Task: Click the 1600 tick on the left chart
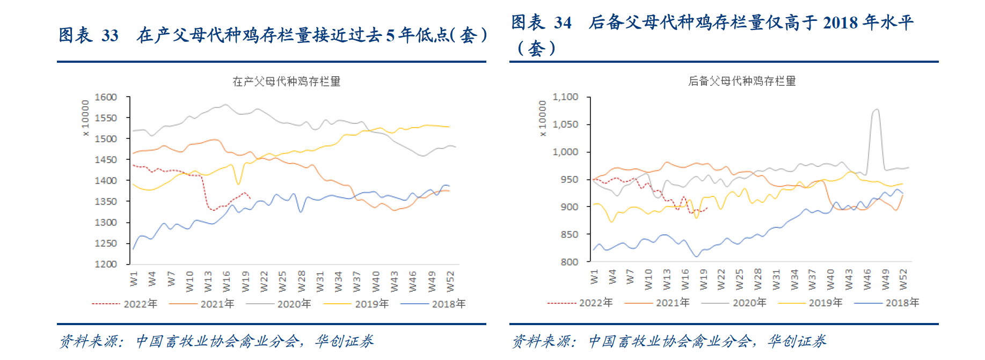click(106, 97)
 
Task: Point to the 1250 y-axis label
click(106, 243)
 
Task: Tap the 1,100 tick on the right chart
click(565, 97)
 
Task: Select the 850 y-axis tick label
click(570, 234)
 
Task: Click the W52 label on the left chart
click(450, 281)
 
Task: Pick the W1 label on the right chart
click(594, 277)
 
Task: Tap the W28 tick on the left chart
click(302, 281)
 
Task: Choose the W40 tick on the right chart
click(830, 280)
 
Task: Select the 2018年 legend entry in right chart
click(902, 303)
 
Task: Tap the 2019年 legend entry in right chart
click(826, 303)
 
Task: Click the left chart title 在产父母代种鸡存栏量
click(286, 82)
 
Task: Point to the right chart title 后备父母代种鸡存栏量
click(742, 81)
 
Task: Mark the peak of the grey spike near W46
click(877, 109)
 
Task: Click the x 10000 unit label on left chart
click(85, 118)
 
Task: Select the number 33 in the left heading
click(110, 36)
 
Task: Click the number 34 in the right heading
click(563, 23)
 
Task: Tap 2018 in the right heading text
click(841, 23)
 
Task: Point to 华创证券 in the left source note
click(344, 341)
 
